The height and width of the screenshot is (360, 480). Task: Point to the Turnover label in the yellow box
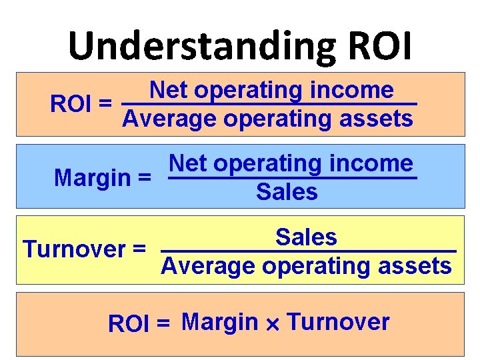(x=76, y=249)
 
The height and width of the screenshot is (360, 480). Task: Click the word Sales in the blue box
(x=287, y=193)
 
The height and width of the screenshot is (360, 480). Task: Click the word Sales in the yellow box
(x=306, y=237)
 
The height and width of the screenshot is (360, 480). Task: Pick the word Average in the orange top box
(x=171, y=119)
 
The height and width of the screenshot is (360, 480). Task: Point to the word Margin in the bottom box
(x=219, y=322)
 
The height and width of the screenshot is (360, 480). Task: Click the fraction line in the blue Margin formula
(x=291, y=178)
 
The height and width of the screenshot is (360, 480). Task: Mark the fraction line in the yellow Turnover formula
(x=309, y=251)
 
